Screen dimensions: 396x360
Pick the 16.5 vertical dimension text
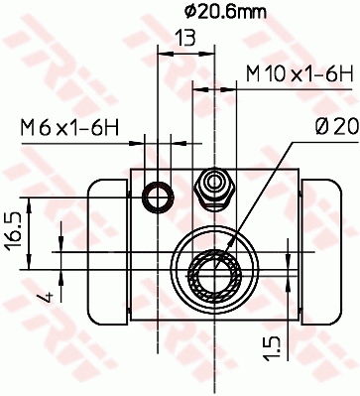pos(14,235)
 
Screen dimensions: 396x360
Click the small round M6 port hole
pos(156,198)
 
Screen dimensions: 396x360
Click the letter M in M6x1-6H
pos(26,126)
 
